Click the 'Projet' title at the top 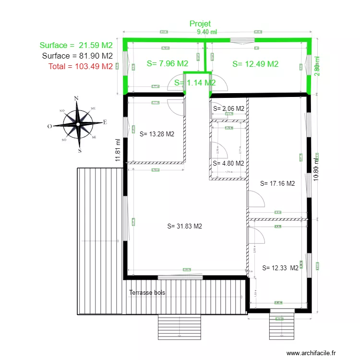[x=200, y=24]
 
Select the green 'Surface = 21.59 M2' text [x=76, y=46]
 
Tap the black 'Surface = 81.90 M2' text [x=77, y=56]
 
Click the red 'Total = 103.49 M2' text [x=80, y=66]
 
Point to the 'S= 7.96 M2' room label [x=167, y=63]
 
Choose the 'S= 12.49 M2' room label [x=255, y=64]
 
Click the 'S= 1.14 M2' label [x=194, y=83]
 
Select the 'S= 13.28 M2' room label [x=156, y=134]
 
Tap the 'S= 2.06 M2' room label [x=228, y=108]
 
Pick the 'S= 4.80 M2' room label [x=228, y=163]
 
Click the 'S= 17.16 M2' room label [x=277, y=183]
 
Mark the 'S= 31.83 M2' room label [x=185, y=226]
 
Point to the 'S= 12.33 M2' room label [x=281, y=268]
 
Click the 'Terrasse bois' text [x=147, y=292]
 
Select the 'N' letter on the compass [x=76, y=98]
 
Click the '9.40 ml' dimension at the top [x=207, y=32]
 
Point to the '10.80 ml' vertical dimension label [x=315, y=169]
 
